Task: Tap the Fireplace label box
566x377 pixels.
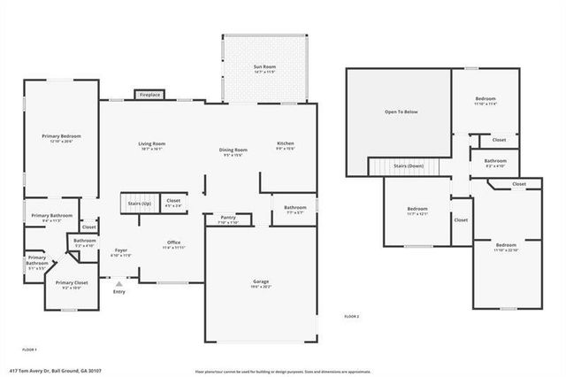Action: [149, 95]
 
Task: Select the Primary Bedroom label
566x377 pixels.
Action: [61, 136]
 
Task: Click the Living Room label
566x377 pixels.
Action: [151, 144]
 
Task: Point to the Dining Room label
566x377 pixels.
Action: [233, 150]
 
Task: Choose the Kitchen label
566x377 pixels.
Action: [286, 143]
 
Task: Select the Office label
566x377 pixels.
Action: [173, 243]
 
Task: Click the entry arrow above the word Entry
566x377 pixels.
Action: [119, 284]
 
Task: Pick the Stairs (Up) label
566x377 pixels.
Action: [139, 203]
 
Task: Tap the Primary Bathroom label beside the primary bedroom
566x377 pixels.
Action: [52, 216]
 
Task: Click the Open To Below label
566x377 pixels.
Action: [401, 112]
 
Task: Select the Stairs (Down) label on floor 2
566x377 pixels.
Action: [409, 166]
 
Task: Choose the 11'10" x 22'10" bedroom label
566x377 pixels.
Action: [506, 245]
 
